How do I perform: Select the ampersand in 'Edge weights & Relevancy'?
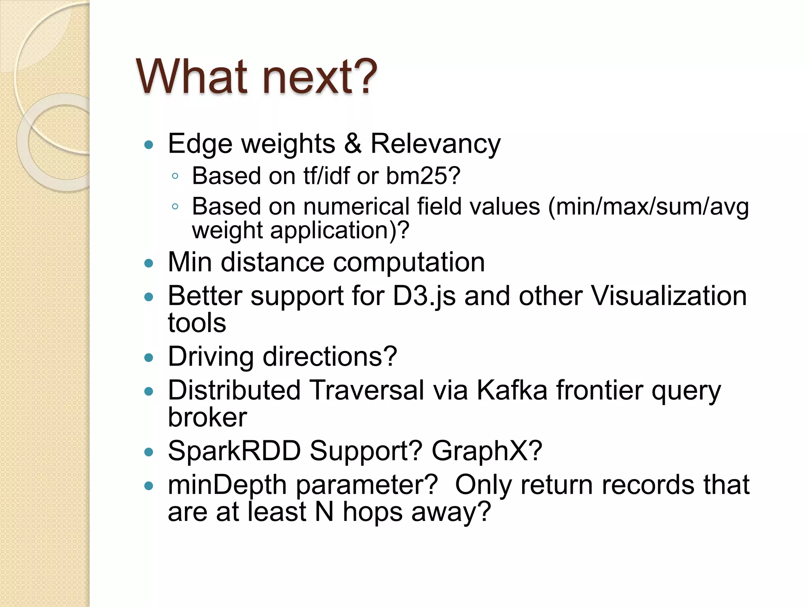point(352,143)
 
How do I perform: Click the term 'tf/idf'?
point(326,175)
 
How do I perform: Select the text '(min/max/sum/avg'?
point(648,207)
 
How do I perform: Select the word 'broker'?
point(207,417)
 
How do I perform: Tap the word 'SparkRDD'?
point(234,451)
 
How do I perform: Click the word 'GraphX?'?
point(487,451)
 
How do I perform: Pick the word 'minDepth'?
point(227,485)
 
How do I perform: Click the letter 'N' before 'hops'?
point(324,512)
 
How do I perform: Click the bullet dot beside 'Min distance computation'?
point(149,263)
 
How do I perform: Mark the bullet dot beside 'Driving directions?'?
point(149,358)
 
